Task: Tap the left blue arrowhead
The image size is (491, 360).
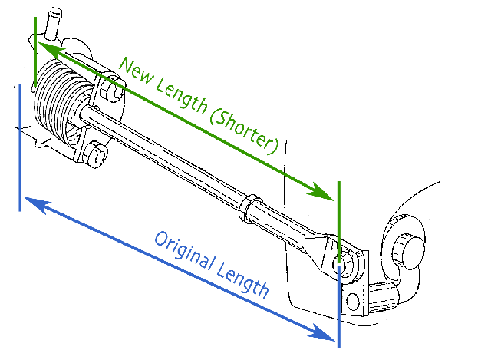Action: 32,203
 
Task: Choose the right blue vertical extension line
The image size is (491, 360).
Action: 338,307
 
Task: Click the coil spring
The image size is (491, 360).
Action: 58,100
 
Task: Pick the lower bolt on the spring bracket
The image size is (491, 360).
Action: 95,155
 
